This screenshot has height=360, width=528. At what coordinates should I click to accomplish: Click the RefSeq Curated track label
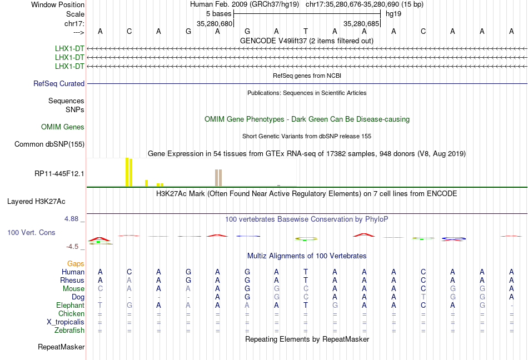point(59,84)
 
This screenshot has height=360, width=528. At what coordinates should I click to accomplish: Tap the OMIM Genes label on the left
point(63,127)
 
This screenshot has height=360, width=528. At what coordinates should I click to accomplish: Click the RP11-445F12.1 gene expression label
point(59,173)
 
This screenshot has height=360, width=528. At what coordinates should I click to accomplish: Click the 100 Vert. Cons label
point(31,232)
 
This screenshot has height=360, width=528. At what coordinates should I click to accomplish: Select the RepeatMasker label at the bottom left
point(61,347)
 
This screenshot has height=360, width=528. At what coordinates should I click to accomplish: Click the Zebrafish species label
point(69,331)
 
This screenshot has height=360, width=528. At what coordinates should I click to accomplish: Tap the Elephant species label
point(70,306)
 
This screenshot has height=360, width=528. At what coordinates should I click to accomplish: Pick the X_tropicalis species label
point(66,322)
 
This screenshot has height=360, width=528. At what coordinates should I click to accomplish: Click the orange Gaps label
point(76,263)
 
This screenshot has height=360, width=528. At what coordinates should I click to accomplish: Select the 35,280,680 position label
point(215,24)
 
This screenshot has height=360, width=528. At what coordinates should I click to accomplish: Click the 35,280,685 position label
point(361,24)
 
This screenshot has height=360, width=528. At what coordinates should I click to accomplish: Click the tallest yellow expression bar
point(127,172)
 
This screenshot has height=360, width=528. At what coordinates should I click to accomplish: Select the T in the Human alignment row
point(306,272)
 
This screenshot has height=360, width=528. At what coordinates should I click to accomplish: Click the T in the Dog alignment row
point(424,297)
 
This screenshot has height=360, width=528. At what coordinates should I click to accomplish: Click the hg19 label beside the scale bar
point(393,13)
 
